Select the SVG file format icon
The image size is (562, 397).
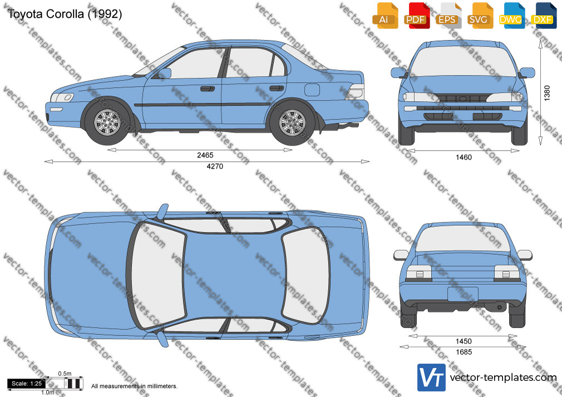pyautogui.click(x=480, y=16)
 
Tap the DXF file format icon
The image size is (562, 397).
pyautogui.click(x=544, y=16)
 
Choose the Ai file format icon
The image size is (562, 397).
pyautogui.click(x=386, y=16)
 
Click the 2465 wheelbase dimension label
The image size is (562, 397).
pyautogui.click(x=205, y=155)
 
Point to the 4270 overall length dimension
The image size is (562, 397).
pyautogui.click(x=215, y=166)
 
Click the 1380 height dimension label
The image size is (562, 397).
pyautogui.click(x=547, y=93)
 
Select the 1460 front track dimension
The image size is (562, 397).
pyautogui.click(x=464, y=157)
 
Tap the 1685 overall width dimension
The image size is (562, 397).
pyautogui.click(x=464, y=352)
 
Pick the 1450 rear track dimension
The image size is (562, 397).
pyautogui.click(x=464, y=341)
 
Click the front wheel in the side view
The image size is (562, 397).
pyautogui.click(x=107, y=122)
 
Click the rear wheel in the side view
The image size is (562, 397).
pyautogui.click(x=293, y=122)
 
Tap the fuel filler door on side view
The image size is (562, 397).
pyautogui.click(x=312, y=90)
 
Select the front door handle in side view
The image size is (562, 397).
pyautogui.click(x=208, y=88)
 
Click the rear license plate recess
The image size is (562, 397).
pyautogui.click(x=463, y=294)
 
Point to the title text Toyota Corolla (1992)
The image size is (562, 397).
pyautogui.click(x=65, y=14)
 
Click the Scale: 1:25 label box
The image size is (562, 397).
pyautogui.click(x=27, y=384)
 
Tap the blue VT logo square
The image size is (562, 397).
pyautogui.click(x=431, y=378)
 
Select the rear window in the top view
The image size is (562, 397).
pyautogui.click(x=305, y=275)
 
